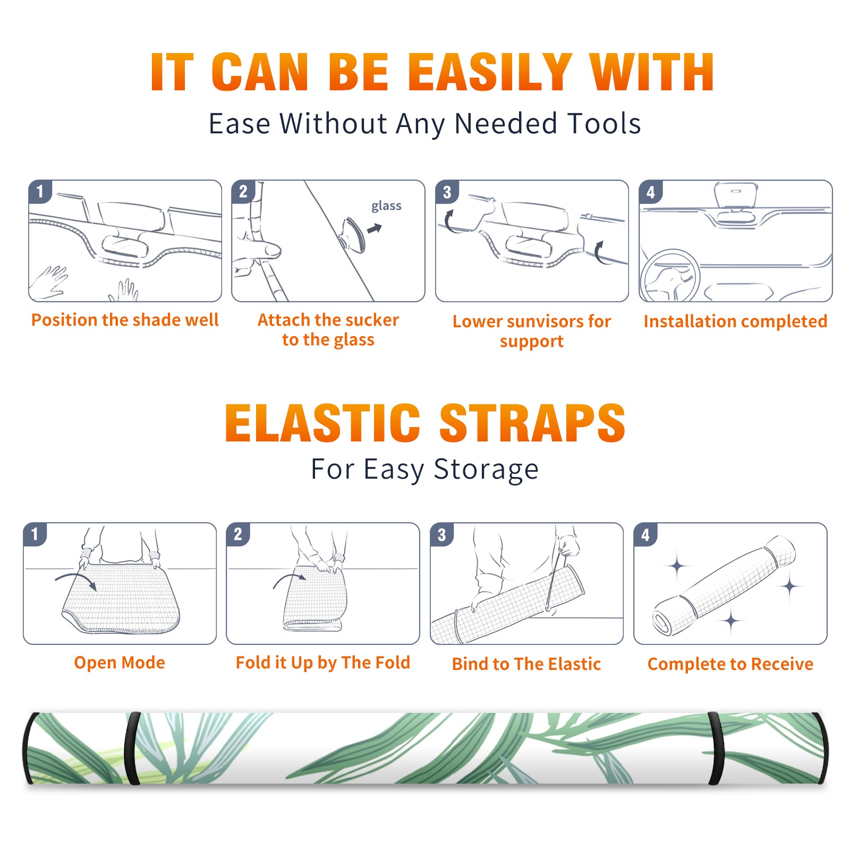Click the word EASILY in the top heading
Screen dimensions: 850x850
pyautogui.click(x=490, y=72)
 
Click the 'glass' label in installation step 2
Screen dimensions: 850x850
pyautogui.click(x=386, y=206)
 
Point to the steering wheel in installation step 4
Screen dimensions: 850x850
pyautogui.click(x=670, y=276)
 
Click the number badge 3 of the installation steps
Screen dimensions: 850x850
pyautogui.click(x=447, y=192)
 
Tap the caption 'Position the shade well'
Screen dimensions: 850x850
pyautogui.click(x=125, y=320)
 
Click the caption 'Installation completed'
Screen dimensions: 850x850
pyautogui.click(x=735, y=321)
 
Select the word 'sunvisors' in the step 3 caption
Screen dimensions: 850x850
pyautogui.click(x=545, y=321)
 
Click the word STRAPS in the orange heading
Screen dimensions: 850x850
pyautogui.click(x=532, y=423)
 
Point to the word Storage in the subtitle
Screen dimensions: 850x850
pyautogui.click(x=486, y=470)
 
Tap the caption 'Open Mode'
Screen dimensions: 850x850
pyautogui.click(x=120, y=662)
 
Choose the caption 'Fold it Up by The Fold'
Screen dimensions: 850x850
pyautogui.click(x=323, y=662)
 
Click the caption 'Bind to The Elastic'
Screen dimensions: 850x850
pyautogui.click(x=526, y=664)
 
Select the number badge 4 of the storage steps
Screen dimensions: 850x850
pyautogui.click(x=645, y=534)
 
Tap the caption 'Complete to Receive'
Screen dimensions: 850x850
pyautogui.click(x=730, y=664)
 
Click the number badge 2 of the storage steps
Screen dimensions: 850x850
pyautogui.click(x=237, y=534)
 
